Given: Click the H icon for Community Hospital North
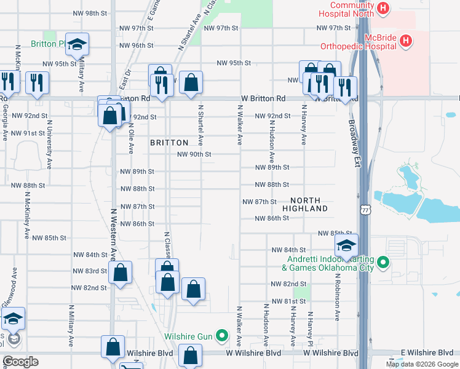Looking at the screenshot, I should pos(384,9).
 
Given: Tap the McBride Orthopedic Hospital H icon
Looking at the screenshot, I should pos(405,41).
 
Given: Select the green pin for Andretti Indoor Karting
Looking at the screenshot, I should pos(384,263).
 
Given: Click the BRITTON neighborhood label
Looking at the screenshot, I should pos(169,142).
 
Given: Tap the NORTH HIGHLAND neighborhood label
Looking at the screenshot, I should pos(304,205).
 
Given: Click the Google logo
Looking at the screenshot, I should pos(20,362).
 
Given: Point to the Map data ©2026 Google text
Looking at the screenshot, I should pos(421,364).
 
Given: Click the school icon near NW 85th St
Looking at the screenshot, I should pos(346,245).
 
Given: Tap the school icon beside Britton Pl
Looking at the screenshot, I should pos(77,44).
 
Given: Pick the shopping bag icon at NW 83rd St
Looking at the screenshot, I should pos(121,272).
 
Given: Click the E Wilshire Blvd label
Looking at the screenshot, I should pos(426,352).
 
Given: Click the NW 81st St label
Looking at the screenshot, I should pos(291,301).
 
